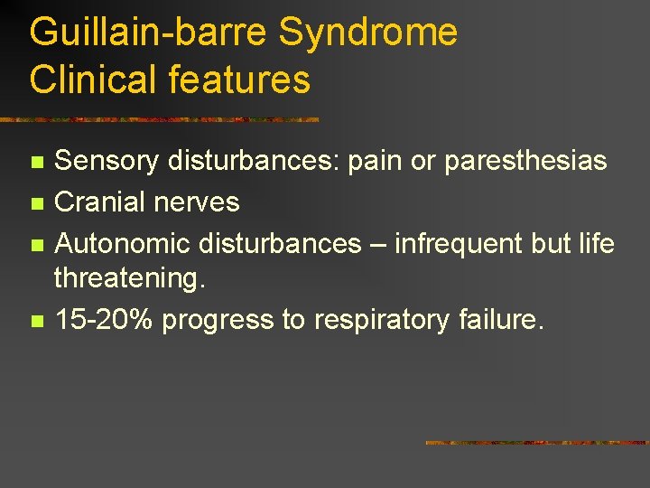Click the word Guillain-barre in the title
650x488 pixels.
click(x=149, y=33)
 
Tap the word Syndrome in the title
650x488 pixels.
click(x=368, y=33)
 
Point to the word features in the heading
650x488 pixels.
click(x=239, y=80)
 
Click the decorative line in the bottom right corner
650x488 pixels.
click(x=536, y=443)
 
